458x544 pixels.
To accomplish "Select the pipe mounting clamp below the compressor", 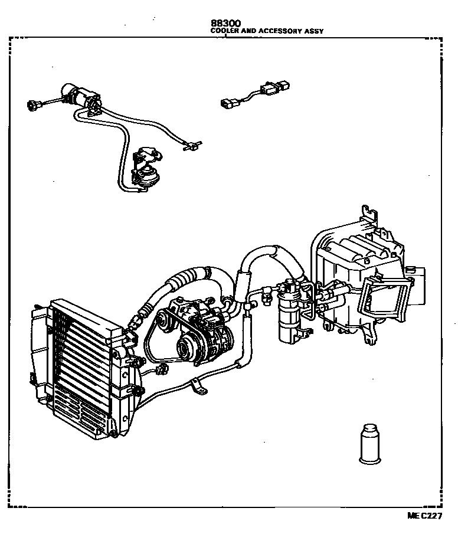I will coord(199,389).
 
